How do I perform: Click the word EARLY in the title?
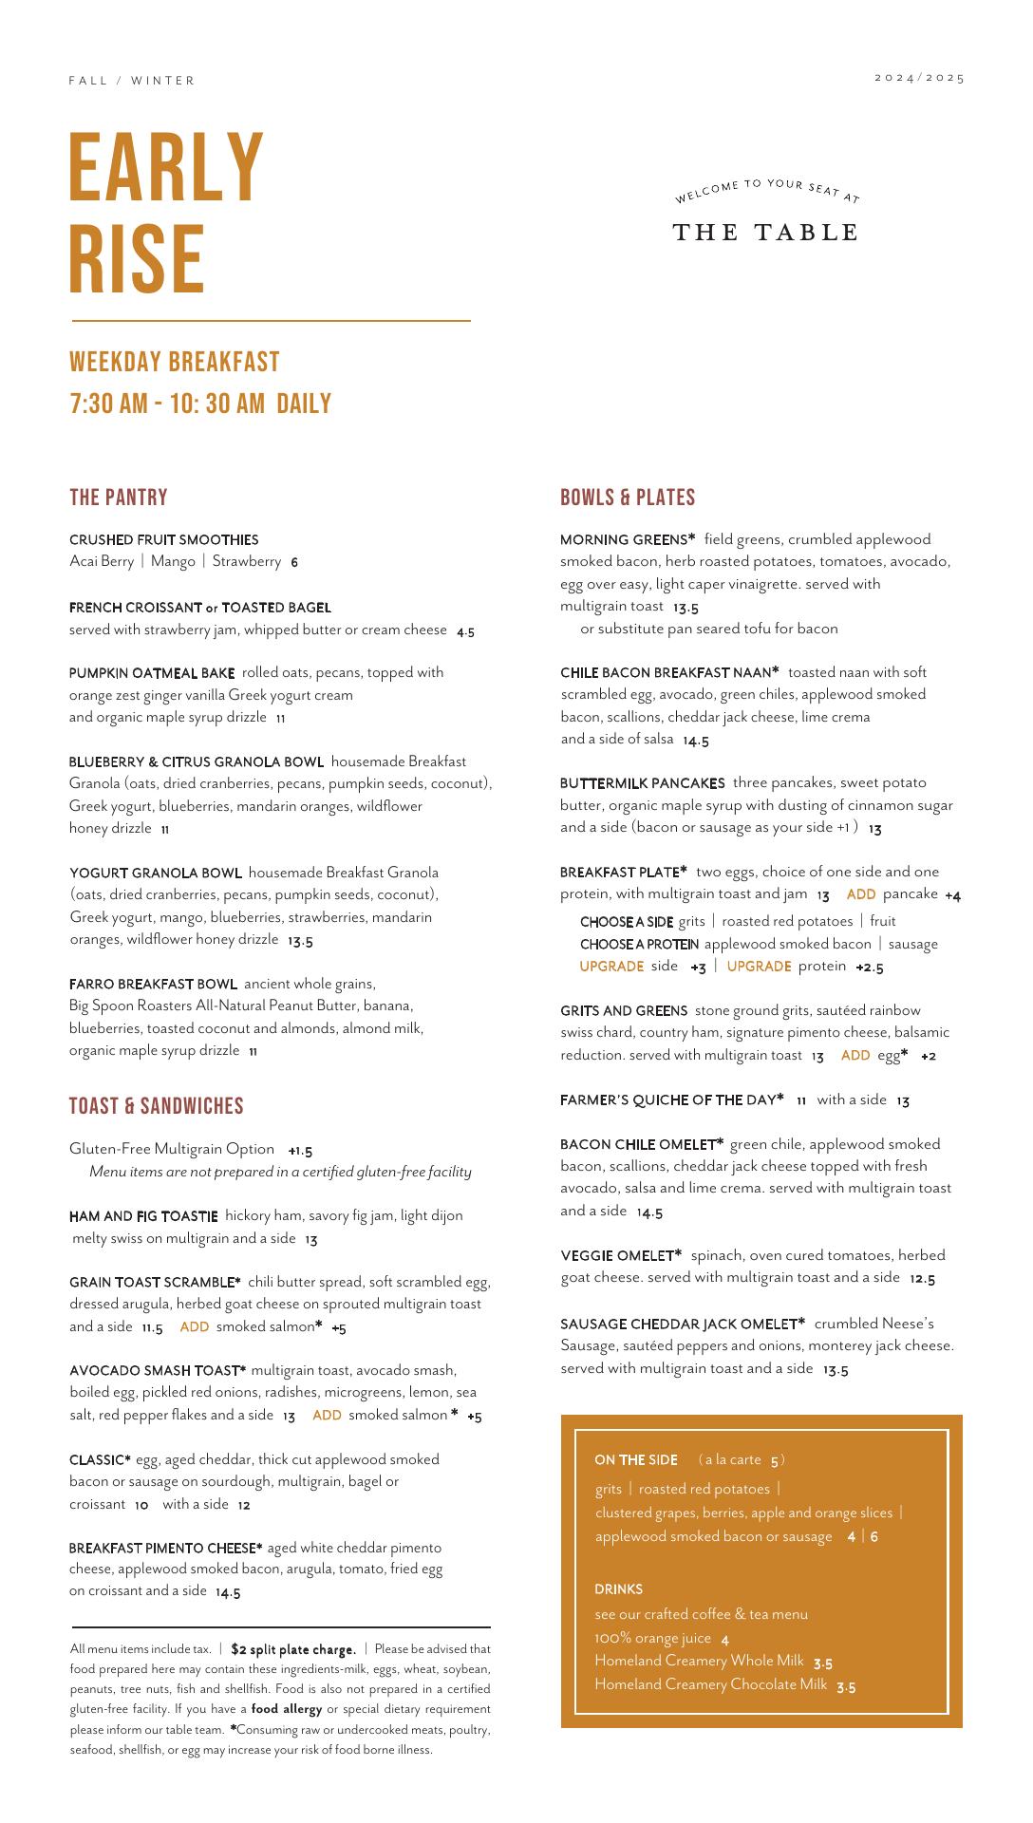(x=166, y=167)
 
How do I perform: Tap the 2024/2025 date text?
(x=919, y=78)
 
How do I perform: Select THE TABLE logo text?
(x=765, y=233)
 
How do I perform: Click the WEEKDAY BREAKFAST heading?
(x=175, y=362)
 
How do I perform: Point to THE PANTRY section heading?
(x=119, y=498)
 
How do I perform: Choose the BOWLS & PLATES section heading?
(x=628, y=498)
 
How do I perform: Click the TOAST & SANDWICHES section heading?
(x=157, y=1106)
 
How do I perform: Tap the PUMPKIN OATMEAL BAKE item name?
(x=152, y=673)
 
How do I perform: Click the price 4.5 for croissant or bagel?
(x=465, y=631)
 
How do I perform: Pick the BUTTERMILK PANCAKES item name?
(x=642, y=783)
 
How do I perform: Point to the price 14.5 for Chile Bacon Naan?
(x=696, y=741)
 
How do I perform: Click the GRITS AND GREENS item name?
(x=624, y=1011)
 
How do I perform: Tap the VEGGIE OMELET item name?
(x=621, y=1255)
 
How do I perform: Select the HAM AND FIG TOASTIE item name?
(x=143, y=1216)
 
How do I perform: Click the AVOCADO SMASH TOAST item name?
(x=157, y=1371)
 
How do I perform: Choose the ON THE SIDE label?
(x=636, y=1460)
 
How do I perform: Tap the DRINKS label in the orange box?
(x=618, y=1589)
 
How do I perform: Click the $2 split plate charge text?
(x=293, y=1650)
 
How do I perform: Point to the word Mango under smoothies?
(x=173, y=561)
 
